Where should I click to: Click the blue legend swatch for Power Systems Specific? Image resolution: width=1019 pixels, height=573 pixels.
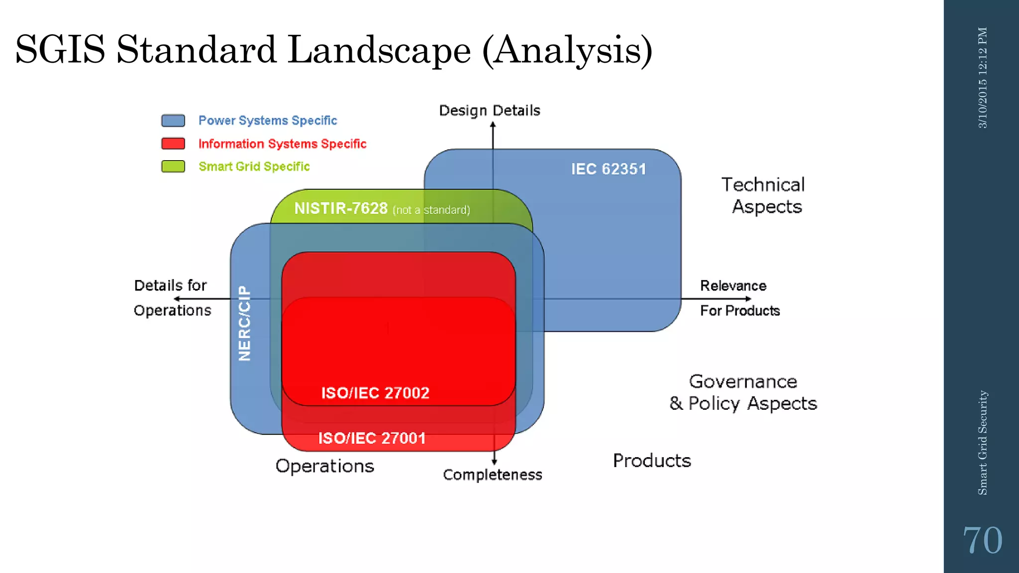(173, 121)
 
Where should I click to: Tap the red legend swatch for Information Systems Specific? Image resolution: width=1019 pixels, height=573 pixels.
(173, 144)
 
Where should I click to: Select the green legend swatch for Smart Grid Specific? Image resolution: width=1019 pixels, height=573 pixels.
(173, 167)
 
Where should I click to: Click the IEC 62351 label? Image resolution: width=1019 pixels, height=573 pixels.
(608, 169)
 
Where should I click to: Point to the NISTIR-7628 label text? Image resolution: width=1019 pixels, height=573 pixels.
(341, 208)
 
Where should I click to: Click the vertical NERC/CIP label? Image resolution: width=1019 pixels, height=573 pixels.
(244, 323)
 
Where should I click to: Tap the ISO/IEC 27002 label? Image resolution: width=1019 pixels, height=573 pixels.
(375, 393)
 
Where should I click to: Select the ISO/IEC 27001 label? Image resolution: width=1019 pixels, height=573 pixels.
(372, 438)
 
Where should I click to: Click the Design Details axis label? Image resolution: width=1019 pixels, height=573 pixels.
(490, 110)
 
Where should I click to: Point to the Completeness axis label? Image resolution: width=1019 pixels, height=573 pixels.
(493, 475)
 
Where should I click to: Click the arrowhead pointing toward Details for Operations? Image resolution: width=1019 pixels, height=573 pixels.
(177, 299)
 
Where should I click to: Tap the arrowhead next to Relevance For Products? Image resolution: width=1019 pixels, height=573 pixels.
(748, 299)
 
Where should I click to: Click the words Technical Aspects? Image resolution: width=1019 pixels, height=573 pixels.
(764, 195)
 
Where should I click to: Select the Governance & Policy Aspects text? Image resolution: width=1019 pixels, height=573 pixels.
(743, 392)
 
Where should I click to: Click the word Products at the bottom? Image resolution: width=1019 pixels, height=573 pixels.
(652, 461)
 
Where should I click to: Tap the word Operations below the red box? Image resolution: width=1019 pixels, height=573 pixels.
(324, 466)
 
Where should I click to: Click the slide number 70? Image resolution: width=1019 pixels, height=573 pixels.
(982, 541)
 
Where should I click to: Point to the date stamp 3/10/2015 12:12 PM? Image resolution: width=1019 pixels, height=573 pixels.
(983, 78)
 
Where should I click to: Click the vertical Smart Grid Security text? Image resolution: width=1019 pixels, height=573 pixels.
(983, 443)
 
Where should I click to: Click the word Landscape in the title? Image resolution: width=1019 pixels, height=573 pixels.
(379, 50)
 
